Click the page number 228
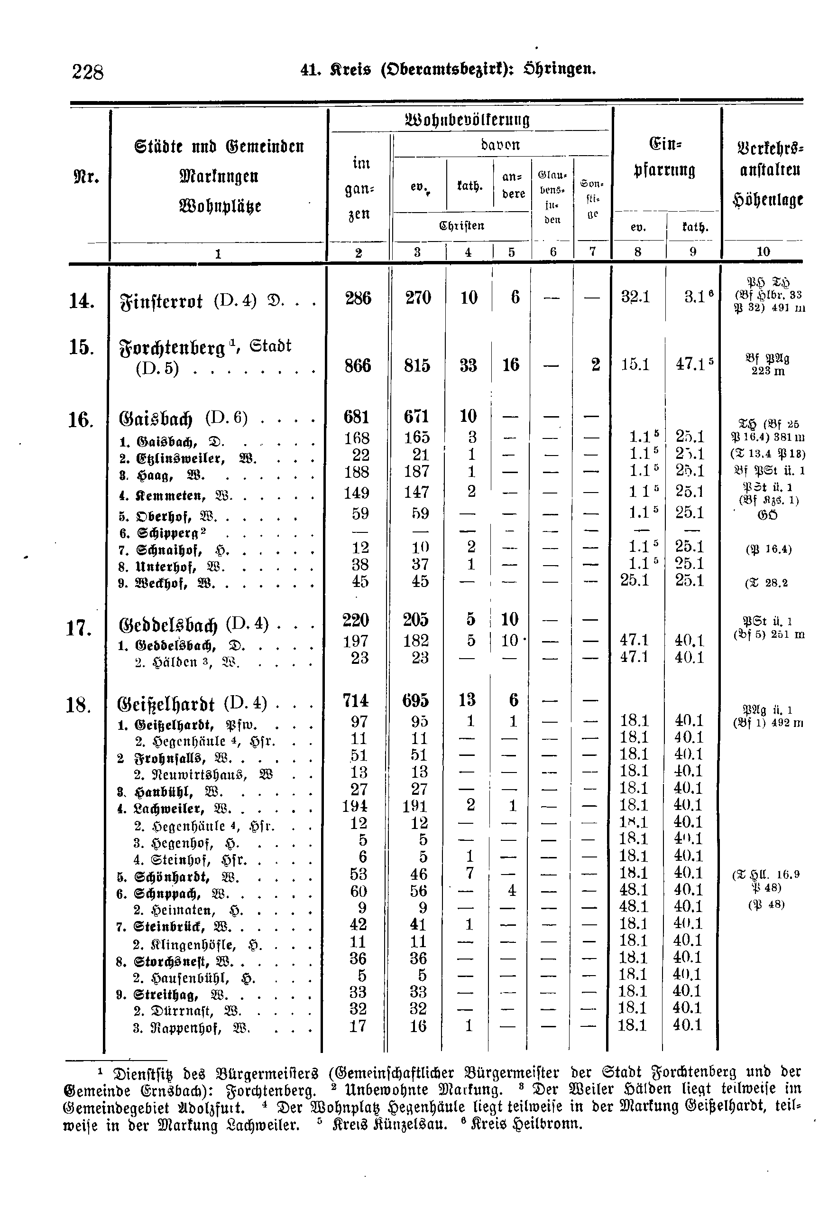point(88,72)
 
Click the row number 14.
point(82,301)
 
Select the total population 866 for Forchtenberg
point(358,365)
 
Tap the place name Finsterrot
point(162,301)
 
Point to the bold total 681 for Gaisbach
point(356,417)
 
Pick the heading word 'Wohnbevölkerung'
point(468,120)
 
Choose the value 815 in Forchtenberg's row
point(417,365)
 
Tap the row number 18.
point(79,706)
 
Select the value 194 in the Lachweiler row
point(355,806)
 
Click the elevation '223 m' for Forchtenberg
point(768,371)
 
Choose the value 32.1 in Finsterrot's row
point(635,298)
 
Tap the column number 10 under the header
point(763,251)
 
